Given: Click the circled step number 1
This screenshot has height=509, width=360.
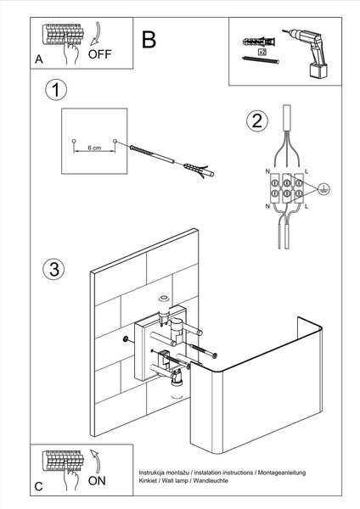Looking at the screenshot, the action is coord(56,90).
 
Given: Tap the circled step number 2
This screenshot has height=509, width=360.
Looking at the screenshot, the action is coord(257,120).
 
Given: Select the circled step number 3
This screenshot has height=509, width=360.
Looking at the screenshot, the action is coord(54,269).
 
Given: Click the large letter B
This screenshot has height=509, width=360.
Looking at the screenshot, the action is coord(149,40).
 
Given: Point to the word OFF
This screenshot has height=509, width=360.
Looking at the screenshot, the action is coord(99,54).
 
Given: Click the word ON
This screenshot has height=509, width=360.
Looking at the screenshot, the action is coord(97,481).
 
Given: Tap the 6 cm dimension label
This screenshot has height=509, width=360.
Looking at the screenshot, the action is coord(94,148).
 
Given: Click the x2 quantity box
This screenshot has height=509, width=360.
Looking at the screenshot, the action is coord(262,51).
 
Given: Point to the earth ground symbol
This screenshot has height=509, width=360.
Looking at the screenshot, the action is coord(323,188).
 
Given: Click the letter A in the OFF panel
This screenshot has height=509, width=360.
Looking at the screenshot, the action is coord(39,59).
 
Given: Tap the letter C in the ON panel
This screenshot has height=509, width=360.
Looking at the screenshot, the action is coord(39,487).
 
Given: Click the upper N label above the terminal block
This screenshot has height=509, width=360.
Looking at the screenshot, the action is coord(267,171).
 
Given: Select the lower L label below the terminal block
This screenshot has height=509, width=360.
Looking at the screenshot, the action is coord(307,206).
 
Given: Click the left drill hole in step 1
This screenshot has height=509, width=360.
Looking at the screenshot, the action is coord(74,141).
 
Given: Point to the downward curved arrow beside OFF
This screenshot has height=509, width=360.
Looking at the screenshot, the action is coord(97,34).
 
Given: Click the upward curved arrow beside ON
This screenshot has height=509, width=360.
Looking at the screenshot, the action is coord(96,461).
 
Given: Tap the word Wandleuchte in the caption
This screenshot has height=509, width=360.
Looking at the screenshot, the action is coord(211,480).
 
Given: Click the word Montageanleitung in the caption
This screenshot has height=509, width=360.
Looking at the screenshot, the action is coord(282,473).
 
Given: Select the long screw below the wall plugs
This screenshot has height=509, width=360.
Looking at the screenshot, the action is coord(261,60).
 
